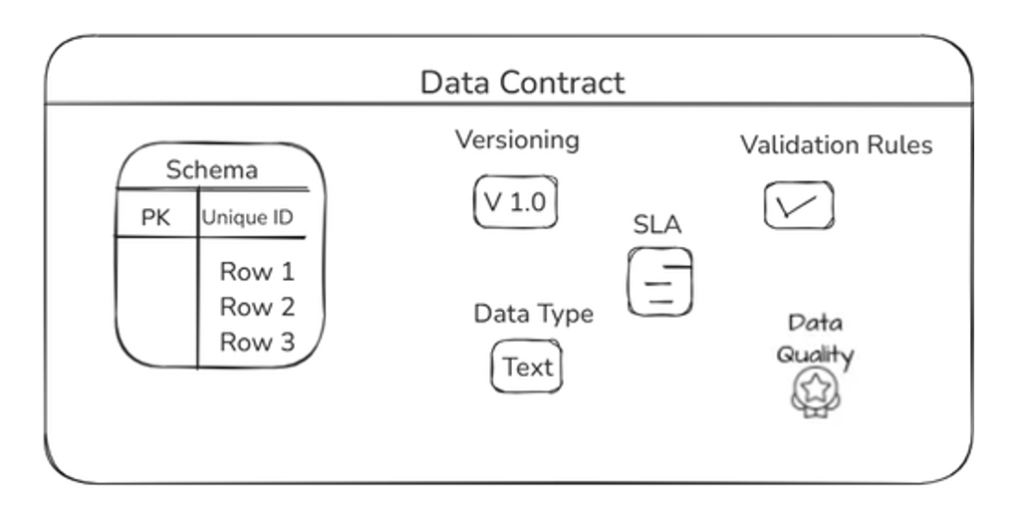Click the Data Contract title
coord(522,82)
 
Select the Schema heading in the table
coord(211,170)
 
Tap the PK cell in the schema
coord(155,218)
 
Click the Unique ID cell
coord(248,218)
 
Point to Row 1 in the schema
coord(257,271)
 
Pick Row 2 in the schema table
coord(257,307)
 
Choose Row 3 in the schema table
coord(257,343)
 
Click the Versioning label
coord(517,139)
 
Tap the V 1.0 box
coord(515,202)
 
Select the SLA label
coord(657,225)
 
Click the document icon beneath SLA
coord(659,282)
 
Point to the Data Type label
coord(533,314)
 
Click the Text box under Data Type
coord(527,367)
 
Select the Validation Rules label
coord(836,145)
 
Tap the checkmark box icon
coord(798,205)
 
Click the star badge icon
coord(816,390)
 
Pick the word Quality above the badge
coord(815,355)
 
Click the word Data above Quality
coord(815,323)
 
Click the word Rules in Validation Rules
coord(897,145)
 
